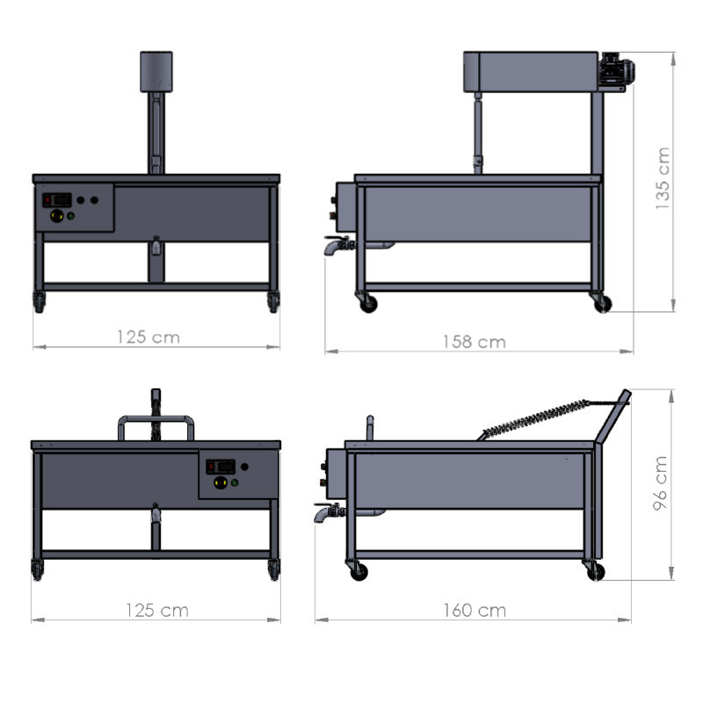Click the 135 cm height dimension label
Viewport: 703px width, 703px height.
tap(663, 178)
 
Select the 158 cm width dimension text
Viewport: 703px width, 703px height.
tap(475, 342)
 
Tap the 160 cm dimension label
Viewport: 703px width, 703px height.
tap(475, 610)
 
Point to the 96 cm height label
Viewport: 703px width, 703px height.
tap(661, 483)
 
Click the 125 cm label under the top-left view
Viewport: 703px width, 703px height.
tap(149, 337)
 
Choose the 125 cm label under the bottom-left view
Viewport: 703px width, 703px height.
tap(157, 610)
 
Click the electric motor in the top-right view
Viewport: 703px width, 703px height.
tap(617, 70)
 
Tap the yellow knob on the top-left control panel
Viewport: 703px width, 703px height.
tap(56, 215)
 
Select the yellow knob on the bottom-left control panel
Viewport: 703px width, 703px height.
tap(221, 482)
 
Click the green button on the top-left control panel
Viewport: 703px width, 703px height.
tap(71, 216)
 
